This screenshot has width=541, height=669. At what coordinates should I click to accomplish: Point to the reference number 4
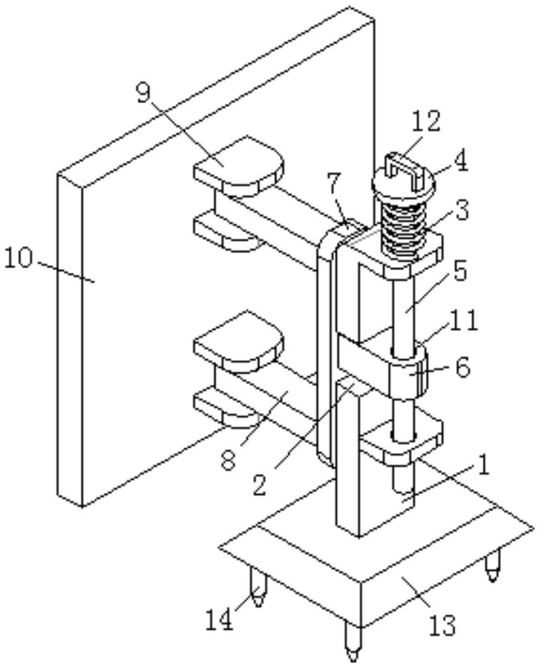point(462,163)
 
